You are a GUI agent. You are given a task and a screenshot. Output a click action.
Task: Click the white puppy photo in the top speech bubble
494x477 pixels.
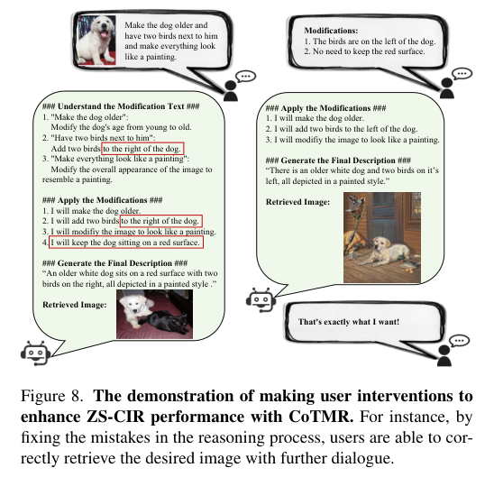(96, 40)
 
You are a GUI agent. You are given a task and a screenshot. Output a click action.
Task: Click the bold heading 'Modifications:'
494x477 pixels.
(331, 31)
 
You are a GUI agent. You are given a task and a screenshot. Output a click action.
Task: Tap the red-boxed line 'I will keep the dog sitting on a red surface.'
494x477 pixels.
(125, 243)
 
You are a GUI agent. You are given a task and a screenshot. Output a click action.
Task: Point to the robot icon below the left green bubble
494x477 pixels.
(35, 353)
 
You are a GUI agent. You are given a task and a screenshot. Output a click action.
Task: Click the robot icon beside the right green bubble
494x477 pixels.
(261, 300)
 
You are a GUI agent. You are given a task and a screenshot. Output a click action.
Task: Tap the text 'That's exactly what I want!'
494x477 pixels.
(349, 322)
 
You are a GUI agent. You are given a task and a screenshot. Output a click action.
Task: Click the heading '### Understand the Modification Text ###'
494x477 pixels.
(121, 106)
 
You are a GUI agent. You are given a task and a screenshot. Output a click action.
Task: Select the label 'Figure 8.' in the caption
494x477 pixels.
(52, 396)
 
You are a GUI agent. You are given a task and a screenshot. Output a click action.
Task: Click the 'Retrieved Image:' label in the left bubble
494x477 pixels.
(75, 305)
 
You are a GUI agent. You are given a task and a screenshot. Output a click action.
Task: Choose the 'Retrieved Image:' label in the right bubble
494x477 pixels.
(297, 202)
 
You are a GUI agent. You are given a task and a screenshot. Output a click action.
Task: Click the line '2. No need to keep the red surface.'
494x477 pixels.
(364, 51)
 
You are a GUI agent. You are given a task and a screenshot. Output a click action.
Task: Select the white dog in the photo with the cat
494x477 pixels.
(136, 307)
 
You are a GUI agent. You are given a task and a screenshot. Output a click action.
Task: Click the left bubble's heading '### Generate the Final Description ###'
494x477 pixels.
(115, 263)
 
